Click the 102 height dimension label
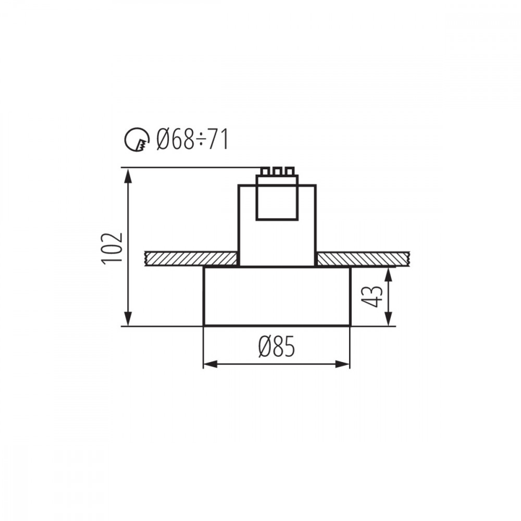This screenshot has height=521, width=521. [112, 249]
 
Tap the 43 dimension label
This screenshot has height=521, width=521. [372, 296]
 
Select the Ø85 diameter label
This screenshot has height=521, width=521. [277, 346]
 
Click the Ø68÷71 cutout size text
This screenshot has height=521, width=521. [192, 140]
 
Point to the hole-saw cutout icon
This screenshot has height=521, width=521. [137, 140]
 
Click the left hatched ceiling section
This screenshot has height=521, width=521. [191, 259]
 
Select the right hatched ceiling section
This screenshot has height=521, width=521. [364, 259]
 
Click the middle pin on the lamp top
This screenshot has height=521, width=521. [277, 171]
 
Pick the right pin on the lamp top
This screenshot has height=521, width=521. [289, 171]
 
